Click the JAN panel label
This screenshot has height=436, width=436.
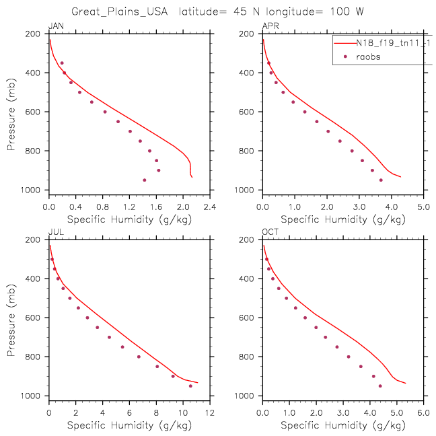(x=56, y=26)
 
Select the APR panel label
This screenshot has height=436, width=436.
(x=270, y=26)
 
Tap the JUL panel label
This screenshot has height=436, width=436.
(x=56, y=231)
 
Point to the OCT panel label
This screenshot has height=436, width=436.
(x=270, y=231)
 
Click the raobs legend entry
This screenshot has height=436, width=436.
(x=368, y=57)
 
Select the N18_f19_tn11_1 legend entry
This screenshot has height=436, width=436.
(x=393, y=43)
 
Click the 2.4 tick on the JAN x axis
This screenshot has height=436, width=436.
(x=210, y=207)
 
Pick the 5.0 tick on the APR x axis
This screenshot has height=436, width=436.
(x=423, y=207)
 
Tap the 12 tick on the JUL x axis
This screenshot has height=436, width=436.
(x=210, y=413)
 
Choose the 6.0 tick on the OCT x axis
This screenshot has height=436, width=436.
(x=423, y=413)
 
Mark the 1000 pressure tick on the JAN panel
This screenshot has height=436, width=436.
(x=30, y=190)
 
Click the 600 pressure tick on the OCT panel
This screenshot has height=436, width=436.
(x=246, y=318)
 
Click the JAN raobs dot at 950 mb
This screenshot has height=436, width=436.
(x=144, y=180)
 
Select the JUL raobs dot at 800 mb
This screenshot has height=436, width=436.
(x=139, y=357)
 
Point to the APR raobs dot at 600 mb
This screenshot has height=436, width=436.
(x=305, y=112)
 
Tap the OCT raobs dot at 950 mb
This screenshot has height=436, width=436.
(x=380, y=386)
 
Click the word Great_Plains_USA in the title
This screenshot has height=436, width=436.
(x=120, y=11)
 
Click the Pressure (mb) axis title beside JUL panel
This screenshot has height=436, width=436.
(x=11, y=320)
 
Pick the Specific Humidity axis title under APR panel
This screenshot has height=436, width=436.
(x=343, y=219)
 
